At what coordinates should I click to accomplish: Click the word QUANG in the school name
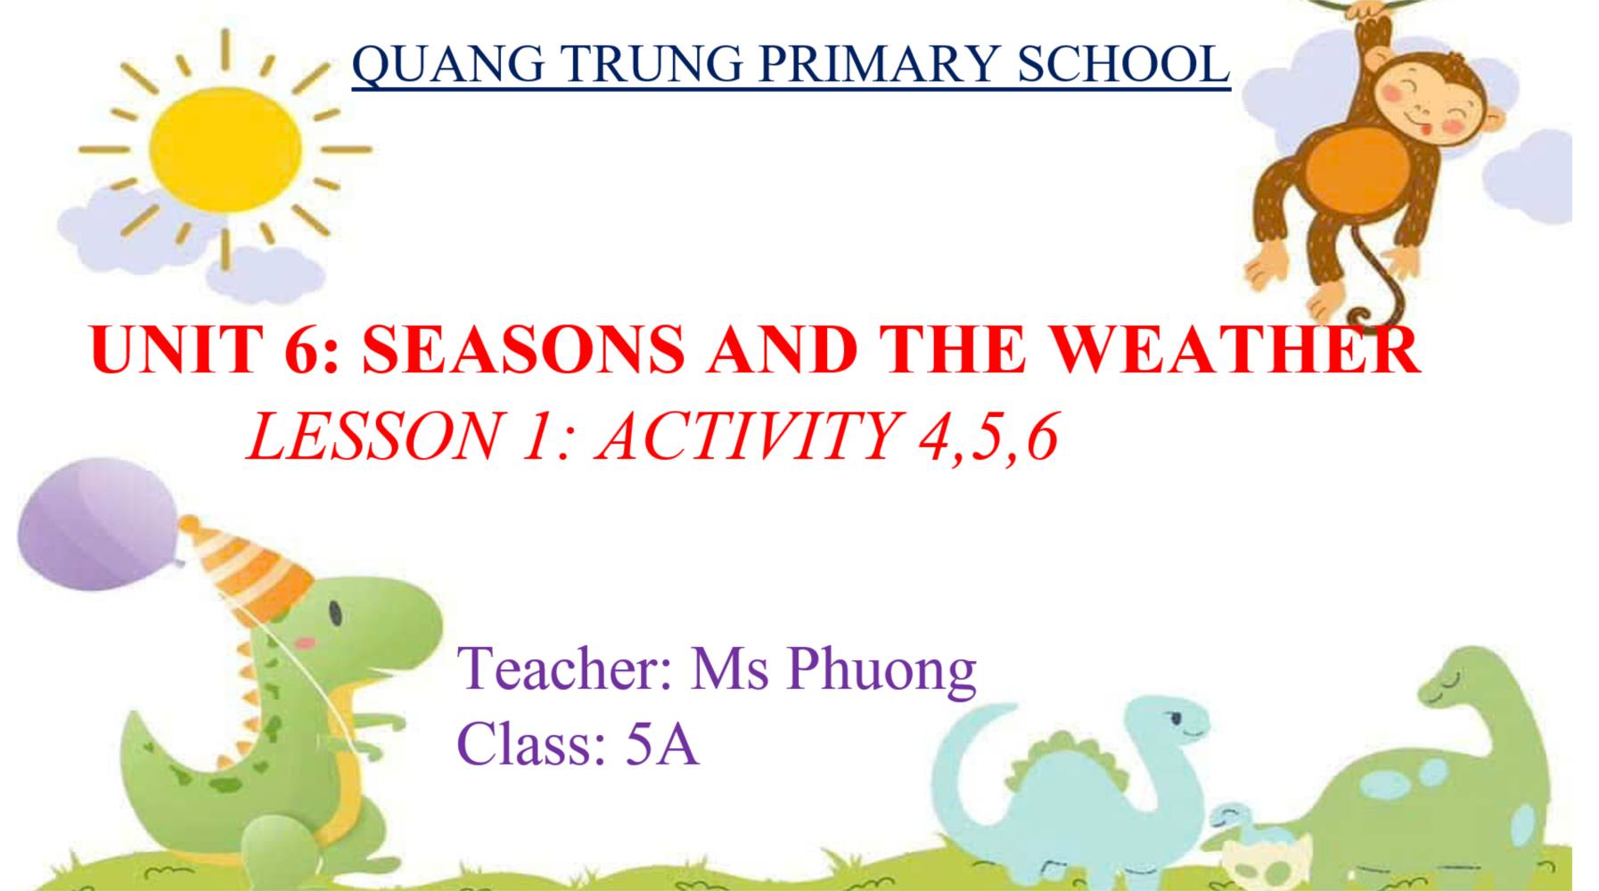tap(448, 64)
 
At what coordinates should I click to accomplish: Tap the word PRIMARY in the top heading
tap(879, 64)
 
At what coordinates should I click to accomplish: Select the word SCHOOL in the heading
tap(1123, 64)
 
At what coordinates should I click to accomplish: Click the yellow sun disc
tap(225, 149)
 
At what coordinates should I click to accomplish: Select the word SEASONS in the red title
tap(524, 350)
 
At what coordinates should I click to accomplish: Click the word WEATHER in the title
tap(1234, 350)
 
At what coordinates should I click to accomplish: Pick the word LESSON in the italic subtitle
tap(374, 437)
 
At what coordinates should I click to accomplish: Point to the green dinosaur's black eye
tap(336, 613)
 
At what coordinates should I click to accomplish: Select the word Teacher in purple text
tap(565, 668)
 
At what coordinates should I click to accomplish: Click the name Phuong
tap(882, 670)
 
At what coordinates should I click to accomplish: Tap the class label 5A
tap(661, 744)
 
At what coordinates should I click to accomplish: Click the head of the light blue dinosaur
tap(1163, 720)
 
